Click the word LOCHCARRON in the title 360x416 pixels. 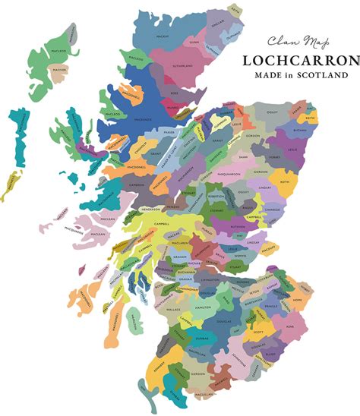[x=299, y=60]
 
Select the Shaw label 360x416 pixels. [x=244, y=156]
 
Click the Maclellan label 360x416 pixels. [x=202, y=395]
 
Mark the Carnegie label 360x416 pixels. [x=271, y=208]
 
